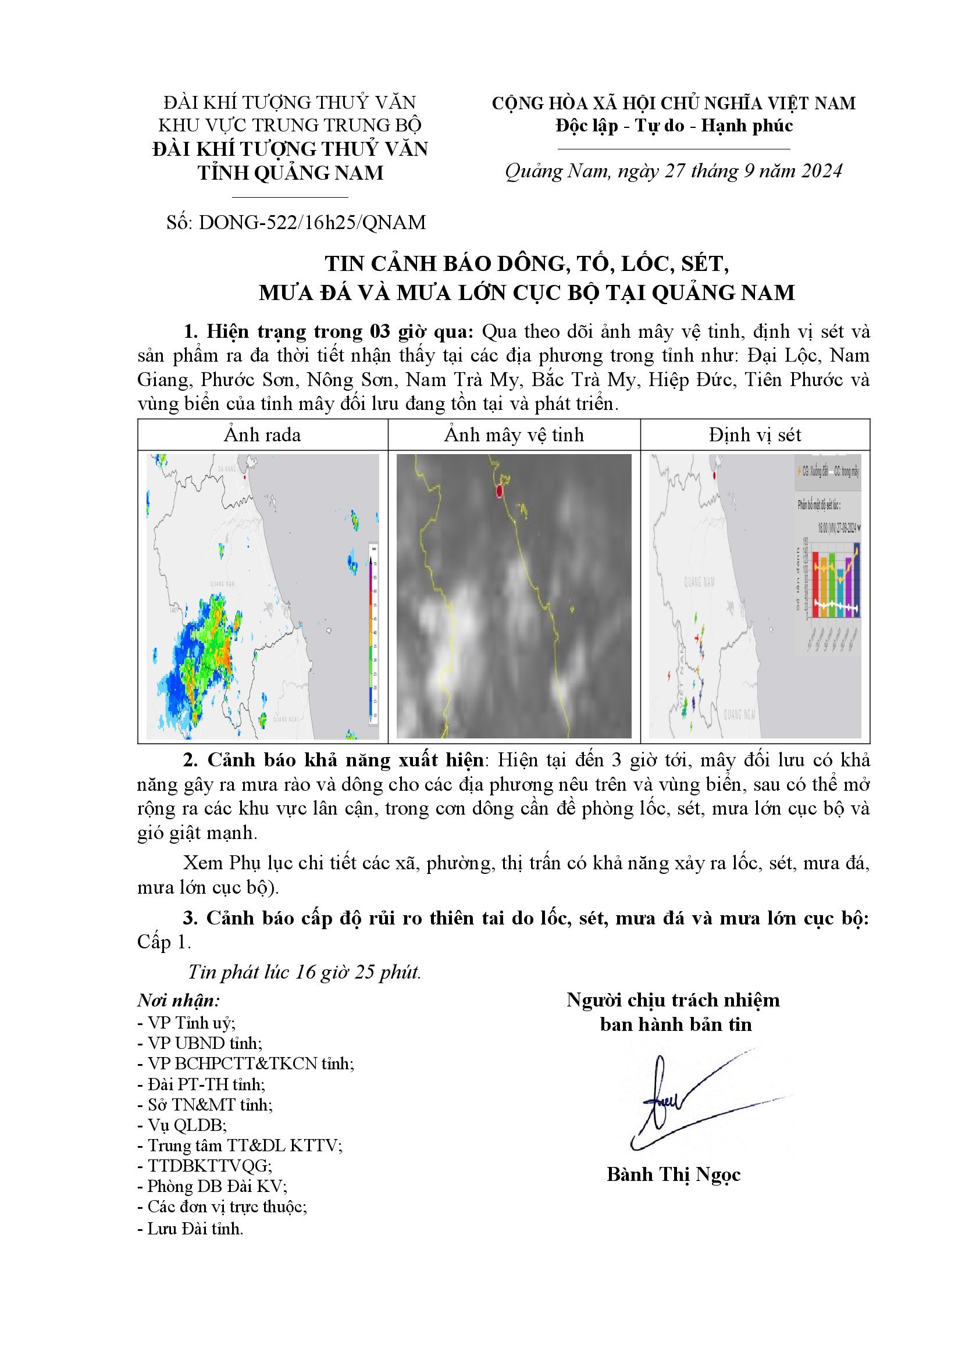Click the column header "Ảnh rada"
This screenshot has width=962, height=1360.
pyautogui.click(x=262, y=436)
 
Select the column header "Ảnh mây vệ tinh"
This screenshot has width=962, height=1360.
pyautogui.click(x=514, y=436)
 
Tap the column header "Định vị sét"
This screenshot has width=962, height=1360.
pyautogui.click(x=755, y=436)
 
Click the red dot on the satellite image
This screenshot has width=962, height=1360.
pyautogui.click(x=500, y=491)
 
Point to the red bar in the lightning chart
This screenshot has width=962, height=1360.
pyautogui.click(x=815, y=584)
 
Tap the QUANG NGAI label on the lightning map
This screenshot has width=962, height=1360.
pyautogui.click(x=740, y=715)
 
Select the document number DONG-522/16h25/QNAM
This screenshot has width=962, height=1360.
pyautogui.click(x=296, y=223)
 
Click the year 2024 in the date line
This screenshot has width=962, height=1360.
pyautogui.click(x=821, y=171)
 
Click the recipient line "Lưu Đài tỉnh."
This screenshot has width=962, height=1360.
pyautogui.click(x=191, y=1229)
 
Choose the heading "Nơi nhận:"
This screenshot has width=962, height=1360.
pyautogui.click(x=179, y=1001)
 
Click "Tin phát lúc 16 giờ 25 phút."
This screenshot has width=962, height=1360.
pyautogui.click(x=304, y=972)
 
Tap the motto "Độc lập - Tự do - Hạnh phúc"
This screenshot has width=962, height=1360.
pyautogui.click(x=674, y=126)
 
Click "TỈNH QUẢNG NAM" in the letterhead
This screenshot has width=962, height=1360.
pyautogui.click(x=290, y=173)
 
